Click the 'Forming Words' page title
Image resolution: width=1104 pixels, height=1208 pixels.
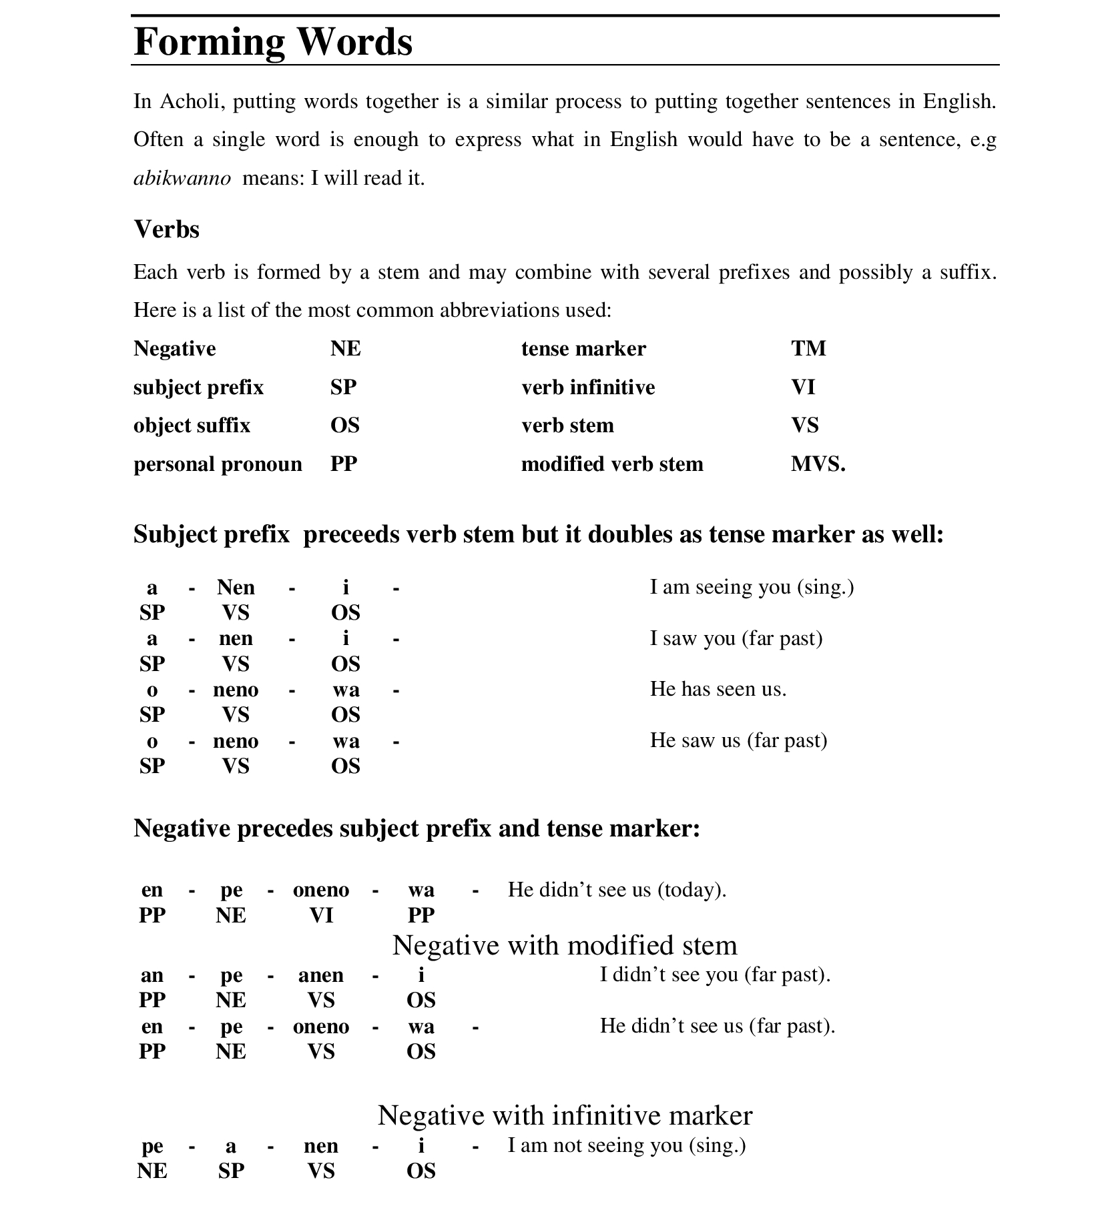coord(273,41)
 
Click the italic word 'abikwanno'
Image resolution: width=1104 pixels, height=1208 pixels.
coord(182,178)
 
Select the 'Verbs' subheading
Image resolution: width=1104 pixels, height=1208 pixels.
coord(166,229)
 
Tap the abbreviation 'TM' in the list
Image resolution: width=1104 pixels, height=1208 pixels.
coord(808,348)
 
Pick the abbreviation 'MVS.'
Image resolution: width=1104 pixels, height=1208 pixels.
coord(818,464)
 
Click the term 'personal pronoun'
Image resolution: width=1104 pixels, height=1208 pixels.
coord(218,464)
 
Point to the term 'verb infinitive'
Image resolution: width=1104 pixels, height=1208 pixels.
coord(588,387)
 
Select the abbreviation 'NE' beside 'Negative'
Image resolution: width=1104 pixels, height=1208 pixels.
coord(345,348)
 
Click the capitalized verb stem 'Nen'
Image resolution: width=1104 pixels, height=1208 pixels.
coord(236,587)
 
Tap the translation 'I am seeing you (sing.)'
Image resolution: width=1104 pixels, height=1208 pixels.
coord(752,587)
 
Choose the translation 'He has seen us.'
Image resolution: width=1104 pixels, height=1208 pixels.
coord(718,689)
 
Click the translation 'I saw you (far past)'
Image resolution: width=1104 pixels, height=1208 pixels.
coord(736,638)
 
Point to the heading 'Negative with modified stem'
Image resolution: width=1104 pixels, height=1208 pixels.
coord(565,945)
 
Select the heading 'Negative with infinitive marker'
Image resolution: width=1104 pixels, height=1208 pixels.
coord(565,1115)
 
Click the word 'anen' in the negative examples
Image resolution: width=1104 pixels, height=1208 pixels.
coord(320,975)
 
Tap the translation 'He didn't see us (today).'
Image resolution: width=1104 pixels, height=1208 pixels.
coord(617,889)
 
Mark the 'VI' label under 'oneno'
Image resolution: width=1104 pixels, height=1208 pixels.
coord(320,915)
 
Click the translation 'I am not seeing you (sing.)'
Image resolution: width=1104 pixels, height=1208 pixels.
coord(626,1145)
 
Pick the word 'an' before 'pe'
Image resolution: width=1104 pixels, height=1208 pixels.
coord(152,975)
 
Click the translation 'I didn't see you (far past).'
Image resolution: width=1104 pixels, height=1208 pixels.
coord(715,975)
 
